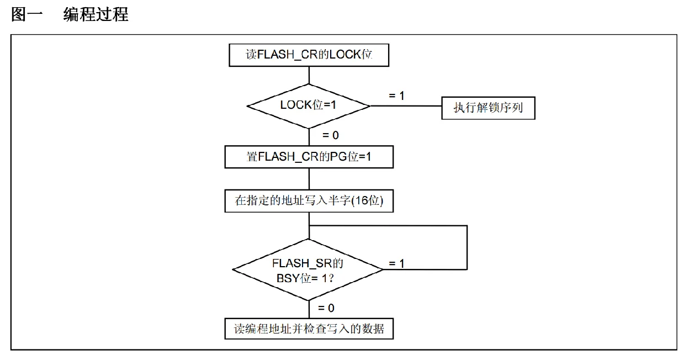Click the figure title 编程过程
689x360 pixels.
(x=96, y=14)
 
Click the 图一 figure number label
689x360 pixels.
(x=26, y=14)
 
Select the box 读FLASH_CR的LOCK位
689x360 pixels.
(x=309, y=55)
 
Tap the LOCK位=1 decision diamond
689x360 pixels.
(x=309, y=106)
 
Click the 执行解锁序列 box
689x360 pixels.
(x=488, y=108)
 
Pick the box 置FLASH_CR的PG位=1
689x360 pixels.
(x=309, y=157)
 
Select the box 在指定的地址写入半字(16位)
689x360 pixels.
(x=309, y=201)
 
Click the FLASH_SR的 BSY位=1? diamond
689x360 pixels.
(x=308, y=270)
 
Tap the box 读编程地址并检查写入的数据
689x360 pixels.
(x=309, y=329)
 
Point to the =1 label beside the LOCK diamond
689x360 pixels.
(x=396, y=96)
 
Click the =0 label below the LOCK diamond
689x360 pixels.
(x=330, y=135)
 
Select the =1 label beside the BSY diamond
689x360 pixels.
(x=396, y=263)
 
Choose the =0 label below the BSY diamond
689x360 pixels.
(x=326, y=308)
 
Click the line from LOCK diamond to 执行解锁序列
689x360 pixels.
(x=406, y=106)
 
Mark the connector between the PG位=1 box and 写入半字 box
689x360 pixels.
(x=309, y=179)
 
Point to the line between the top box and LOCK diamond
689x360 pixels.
(x=309, y=75)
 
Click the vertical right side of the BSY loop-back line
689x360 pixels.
(x=467, y=248)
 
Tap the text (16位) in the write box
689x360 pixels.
(x=367, y=200)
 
